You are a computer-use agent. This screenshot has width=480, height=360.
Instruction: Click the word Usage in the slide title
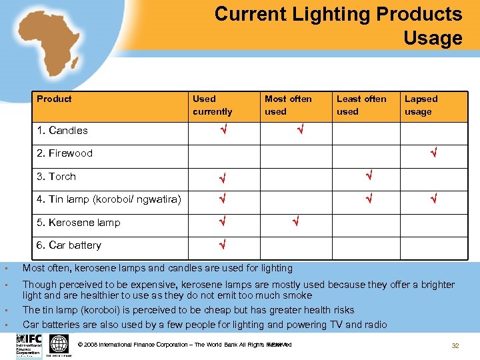(433, 39)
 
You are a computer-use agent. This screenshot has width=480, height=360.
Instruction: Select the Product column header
(54, 99)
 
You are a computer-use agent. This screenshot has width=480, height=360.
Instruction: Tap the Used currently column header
(212, 105)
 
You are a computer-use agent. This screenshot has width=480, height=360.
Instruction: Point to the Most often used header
(287, 105)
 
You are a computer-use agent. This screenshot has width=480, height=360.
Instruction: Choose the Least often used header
(361, 105)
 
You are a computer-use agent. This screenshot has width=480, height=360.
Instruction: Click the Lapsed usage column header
(421, 105)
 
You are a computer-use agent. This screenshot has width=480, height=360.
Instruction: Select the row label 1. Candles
(62, 130)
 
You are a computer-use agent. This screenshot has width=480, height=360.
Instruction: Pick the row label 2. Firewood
(65, 153)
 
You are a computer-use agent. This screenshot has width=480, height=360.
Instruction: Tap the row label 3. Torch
(57, 177)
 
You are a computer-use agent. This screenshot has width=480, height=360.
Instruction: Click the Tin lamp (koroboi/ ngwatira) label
(109, 199)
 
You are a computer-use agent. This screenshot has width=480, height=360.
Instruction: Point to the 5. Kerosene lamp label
(79, 223)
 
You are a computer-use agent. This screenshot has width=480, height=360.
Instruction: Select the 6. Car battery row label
(69, 245)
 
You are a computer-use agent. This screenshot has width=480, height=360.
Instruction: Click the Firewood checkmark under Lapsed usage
(433, 154)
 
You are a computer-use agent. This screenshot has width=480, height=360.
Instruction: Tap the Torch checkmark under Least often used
(367, 177)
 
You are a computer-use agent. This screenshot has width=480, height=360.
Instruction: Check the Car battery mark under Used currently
(223, 245)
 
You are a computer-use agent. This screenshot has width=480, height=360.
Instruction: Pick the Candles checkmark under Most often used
(301, 131)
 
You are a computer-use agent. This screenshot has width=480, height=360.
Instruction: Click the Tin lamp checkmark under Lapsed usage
(433, 199)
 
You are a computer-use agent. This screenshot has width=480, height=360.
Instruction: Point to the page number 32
(456, 346)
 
